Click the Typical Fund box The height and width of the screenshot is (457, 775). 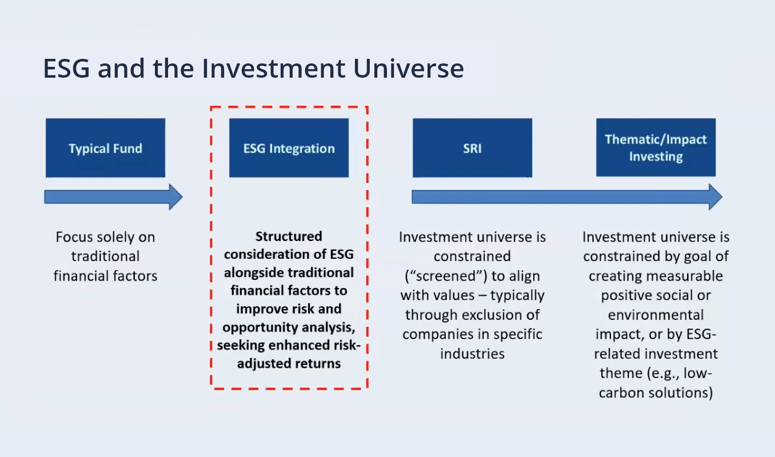tap(105, 148)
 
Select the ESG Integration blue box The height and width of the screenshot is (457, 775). tap(289, 148)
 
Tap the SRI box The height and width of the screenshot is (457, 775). tap(472, 148)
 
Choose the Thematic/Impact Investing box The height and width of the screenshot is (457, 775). tap(656, 148)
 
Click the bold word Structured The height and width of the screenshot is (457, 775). tap(289, 236)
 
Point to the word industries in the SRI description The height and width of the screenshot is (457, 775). tap(472, 354)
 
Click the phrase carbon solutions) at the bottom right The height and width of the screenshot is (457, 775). tap(656, 393)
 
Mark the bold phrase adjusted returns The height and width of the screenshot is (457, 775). tap(289, 363)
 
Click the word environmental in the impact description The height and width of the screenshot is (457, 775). tap(656, 315)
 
